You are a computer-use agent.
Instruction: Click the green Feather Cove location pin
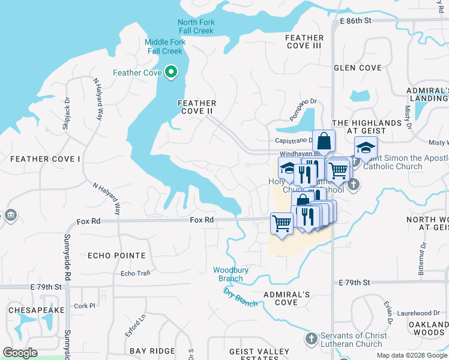(x=171, y=73)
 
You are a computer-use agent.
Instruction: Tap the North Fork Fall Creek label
(x=196, y=26)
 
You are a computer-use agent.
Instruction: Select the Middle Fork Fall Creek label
(x=164, y=46)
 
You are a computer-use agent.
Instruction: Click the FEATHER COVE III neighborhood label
(x=304, y=41)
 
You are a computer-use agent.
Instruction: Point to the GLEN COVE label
(x=358, y=68)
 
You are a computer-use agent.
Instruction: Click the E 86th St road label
(x=355, y=20)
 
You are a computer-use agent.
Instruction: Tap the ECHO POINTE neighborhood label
(x=116, y=256)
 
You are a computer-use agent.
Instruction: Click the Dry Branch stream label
(x=240, y=297)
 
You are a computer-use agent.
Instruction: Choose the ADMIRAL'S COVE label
(x=287, y=298)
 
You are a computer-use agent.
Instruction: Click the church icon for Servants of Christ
(x=311, y=340)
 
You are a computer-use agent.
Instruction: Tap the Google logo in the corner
(x=20, y=353)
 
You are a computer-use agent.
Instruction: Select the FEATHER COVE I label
(x=45, y=159)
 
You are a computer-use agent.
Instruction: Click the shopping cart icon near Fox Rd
(x=281, y=223)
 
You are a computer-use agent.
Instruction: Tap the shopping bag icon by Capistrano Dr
(x=324, y=142)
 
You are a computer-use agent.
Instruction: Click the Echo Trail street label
(x=135, y=274)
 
